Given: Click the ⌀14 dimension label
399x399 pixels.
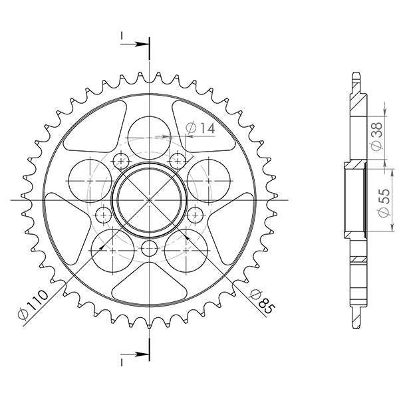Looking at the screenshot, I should [x=200, y=128].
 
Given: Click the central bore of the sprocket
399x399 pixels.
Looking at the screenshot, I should [x=150, y=199].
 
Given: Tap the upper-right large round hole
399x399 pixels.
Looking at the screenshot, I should [x=207, y=179].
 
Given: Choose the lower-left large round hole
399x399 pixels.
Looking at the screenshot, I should [x=110, y=250].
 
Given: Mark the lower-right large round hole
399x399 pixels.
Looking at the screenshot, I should [x=187, y=249].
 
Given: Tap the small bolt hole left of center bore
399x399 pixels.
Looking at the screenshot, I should [x=104, y=215].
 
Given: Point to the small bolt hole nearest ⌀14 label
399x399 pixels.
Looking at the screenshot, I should [x=178, y=160].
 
